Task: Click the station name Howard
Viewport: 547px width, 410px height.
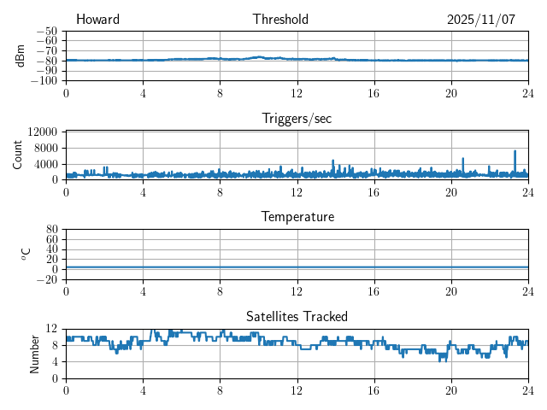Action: pyautogui.click(x=97, y=20)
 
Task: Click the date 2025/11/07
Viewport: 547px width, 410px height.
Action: pyautogui.click(x=481, y=20)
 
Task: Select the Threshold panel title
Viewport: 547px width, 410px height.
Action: pyautogui.click(x=280, y=20)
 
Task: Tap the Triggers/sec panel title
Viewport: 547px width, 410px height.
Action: pyautogui.click(x=297, y=119)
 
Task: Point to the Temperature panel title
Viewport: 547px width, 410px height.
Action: pyautogui.click(x=297, y=217)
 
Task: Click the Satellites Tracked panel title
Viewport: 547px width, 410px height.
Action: pyautogui.click(x=297, y=316)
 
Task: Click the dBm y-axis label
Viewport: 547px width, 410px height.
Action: pyautogui.click(x=20, y=56)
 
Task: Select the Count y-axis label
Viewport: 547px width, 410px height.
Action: pyautogui.click(x=18, y=155)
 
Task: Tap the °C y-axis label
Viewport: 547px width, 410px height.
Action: pyautogui.click(x=26, y=254)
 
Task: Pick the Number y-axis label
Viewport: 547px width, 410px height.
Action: pyautogui.click(x=34, y=353)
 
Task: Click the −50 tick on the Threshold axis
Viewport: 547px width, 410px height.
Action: pyautogui.click(x=46, y=31)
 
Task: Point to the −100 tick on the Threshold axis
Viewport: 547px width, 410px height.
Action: pyautogui.click(x=43, y=80)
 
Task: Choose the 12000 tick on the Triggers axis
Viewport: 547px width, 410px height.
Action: pyautogui.click(x=42, y=132)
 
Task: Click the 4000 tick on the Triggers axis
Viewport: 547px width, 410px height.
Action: pyautogui.click(x=45, y=163)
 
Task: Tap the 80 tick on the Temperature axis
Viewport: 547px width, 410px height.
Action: pyautogui.click(x=51, y=230)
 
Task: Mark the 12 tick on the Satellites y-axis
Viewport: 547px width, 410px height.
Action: pyautogui.click(x=51, y=329)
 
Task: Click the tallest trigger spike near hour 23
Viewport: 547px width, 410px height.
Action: pyautogui.click(x=515, y=152)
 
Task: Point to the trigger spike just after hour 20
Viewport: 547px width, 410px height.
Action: pyautogui.click(x=462, y=159)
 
